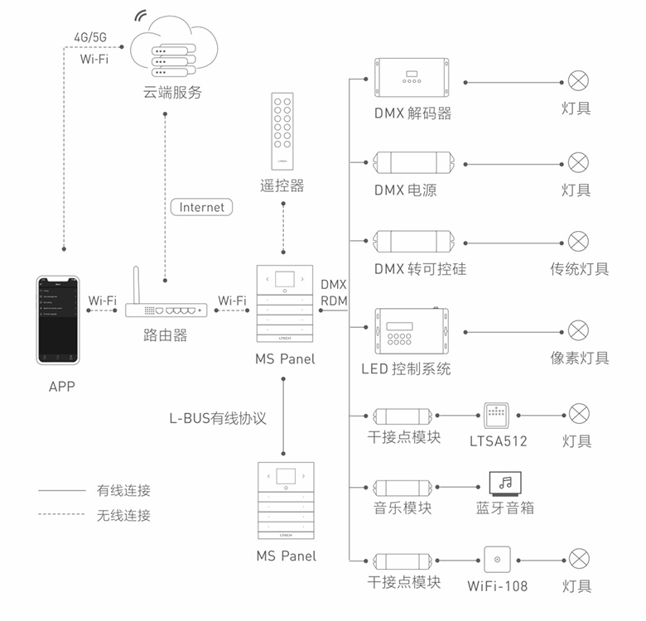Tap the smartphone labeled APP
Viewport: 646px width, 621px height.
click(x=61, y=319)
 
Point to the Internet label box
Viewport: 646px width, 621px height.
click(x=201, y=207)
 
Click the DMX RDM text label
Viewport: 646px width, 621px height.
click(x=333, y=291)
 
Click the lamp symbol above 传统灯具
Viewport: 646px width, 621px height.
click(x=578, y=243)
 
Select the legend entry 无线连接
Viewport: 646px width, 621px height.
click(x=123, y=515)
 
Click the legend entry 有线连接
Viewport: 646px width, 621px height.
click(x=123, y=491)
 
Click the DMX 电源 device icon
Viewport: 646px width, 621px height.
click(x=412, y=163)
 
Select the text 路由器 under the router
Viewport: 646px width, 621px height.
click(x=166, y=335)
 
